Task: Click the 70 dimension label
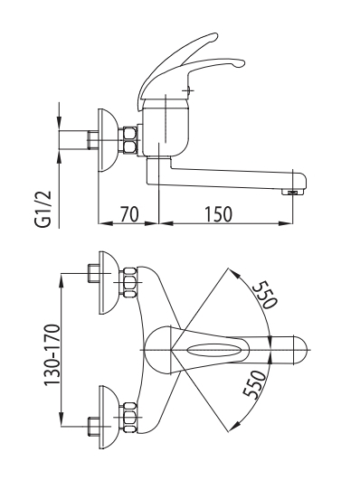pos(129,214)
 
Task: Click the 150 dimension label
pos(218,214)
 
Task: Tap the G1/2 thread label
pos(43,210)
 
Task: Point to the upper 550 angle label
pos(265,295)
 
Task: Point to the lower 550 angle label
pos(254,385)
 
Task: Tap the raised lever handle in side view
pos(176,69)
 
